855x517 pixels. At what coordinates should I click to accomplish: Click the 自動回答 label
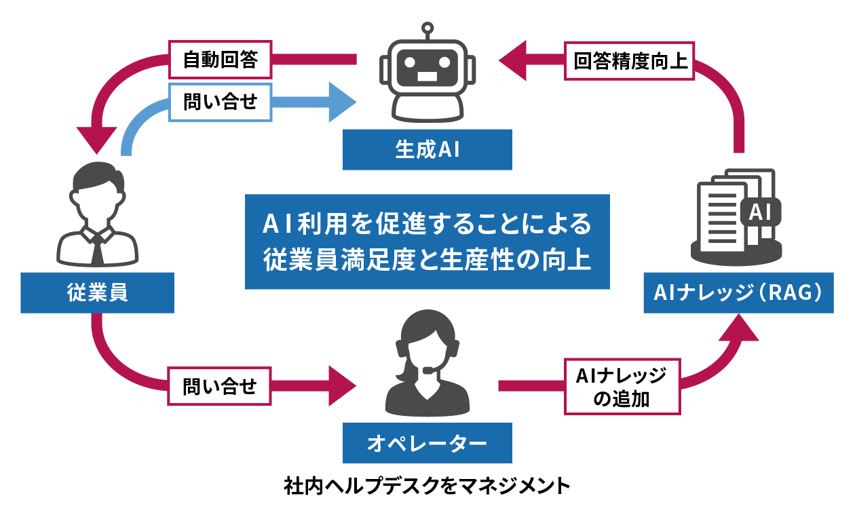click(220, 60)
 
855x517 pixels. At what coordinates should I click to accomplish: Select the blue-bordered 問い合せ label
click(220, 102)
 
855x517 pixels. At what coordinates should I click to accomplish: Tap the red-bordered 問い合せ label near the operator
click(220, 387)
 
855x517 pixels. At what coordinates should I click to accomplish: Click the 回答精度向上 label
click(630, 61)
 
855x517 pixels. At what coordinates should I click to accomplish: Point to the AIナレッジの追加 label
click(622, 387)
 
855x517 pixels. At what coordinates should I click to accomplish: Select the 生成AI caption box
click(427, 149)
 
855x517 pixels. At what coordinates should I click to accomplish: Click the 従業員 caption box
click(97, 293)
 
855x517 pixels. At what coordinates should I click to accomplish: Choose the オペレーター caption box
click(427, 443)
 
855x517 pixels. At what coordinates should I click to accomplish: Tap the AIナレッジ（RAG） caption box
click(738, 292)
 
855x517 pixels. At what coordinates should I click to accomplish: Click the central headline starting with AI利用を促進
click(427, 242)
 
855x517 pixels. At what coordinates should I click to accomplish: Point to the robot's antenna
click(427, 29)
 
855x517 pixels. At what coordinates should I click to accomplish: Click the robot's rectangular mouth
click(427, 76)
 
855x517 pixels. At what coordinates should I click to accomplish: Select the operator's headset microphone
click(429, 370)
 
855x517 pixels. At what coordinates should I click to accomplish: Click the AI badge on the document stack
click(759, 212)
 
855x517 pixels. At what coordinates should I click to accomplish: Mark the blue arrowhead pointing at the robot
click(343, 102)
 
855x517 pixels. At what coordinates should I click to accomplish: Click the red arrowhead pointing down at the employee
click(97, 140)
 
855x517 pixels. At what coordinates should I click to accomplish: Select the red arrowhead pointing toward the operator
click(342, 386)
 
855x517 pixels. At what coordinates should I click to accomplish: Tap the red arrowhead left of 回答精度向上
click(513, 60)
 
